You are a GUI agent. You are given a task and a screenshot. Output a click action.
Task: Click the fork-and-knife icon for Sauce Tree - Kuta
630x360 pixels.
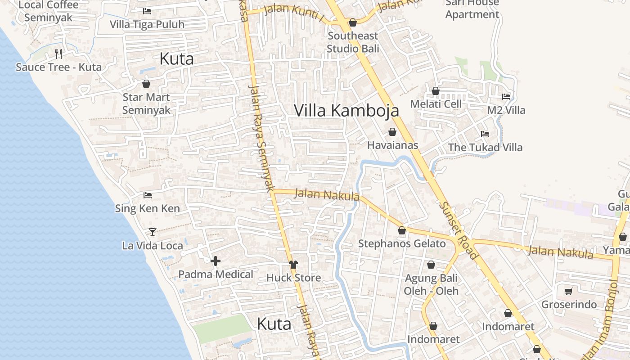(58, 54)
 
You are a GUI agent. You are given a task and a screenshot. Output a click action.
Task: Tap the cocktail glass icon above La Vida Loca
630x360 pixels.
(153, 232)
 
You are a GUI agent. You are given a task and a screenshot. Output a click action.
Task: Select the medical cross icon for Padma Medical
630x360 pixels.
(216, 261)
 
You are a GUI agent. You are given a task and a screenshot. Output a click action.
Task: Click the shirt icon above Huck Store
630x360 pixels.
(293, 265)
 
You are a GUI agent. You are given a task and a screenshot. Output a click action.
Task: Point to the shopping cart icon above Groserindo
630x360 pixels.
(568, 291)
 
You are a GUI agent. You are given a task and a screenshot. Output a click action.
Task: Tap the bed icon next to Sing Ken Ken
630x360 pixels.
(147, 195)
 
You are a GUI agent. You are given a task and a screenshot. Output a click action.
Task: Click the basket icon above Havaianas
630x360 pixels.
(392, 132)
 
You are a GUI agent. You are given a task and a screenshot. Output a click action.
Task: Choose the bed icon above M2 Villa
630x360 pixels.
(506, 97)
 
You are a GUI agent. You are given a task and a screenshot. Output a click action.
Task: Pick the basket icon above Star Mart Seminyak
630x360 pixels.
(146, 84)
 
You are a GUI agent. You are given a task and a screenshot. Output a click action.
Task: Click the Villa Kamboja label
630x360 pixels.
(346, 110)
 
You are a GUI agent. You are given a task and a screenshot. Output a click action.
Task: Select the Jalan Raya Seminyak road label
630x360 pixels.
(261, 138)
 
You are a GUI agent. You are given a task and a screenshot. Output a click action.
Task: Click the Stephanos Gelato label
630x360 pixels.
(402, 243)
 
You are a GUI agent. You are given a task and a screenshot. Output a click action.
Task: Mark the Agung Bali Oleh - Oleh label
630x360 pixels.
(431, 284)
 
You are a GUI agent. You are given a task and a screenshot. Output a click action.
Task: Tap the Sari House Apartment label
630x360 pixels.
(472, 9)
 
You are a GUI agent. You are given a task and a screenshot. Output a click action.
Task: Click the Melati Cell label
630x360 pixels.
(436, 104)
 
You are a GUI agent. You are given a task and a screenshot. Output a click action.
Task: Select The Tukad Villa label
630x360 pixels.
(485, 147)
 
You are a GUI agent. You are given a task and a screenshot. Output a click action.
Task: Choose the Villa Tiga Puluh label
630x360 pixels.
(147, 24)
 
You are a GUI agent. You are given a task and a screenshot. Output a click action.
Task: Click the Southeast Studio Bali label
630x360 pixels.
(353, 42)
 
